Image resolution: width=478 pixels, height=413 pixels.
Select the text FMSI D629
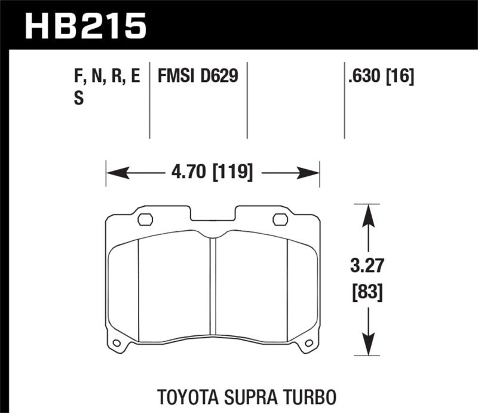pyautogui.click(x=198, y=77)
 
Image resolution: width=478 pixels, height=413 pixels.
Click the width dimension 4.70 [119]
pyautogui.click(x=213, y=173)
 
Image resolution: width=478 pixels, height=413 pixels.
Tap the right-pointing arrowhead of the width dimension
pyautogui.click(x=311, y=174)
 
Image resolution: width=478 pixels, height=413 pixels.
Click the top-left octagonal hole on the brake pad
pyautogui.click(x=145, y=219)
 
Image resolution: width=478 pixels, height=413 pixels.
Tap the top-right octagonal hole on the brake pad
pyautogui.click(x=280, y=219)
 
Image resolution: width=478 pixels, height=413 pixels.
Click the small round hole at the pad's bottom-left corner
pyautogui.click(x=117, y=344)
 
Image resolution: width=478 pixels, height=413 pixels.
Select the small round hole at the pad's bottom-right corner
pyautogui.click(x=309, y=344)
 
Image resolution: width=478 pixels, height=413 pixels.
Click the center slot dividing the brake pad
pyautogui.click(x=213, y=287)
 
